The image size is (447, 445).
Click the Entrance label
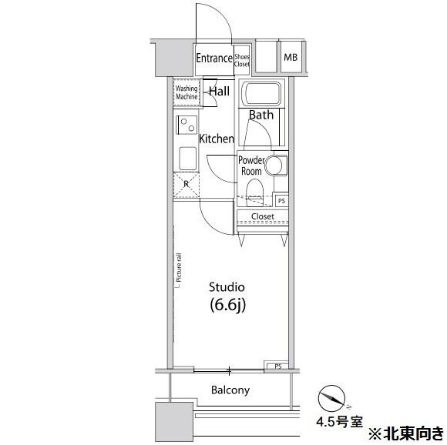coord(214,58)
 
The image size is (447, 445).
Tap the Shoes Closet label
coord(242,61)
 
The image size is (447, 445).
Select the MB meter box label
coord(291,57)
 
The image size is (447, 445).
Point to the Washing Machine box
coord(187,92)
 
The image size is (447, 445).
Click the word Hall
coord(219,91)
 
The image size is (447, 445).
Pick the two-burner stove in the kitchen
coord(187,125)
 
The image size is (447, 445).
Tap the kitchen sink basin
coord(187,159)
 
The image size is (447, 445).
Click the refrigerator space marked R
coord(187,185)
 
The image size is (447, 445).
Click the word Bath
coord(261,115)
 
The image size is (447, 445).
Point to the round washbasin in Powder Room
coord(274,165)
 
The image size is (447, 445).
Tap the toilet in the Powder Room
coord(254,192)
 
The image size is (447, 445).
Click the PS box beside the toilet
coord(281,201)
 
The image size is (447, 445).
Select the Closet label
coord(263,216)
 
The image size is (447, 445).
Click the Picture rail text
coord(179,268)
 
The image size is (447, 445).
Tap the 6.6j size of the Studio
coord(227,305)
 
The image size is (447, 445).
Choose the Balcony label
coord(230,390)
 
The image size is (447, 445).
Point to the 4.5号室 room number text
coord(339,422)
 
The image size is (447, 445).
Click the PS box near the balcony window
coord(278,366)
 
